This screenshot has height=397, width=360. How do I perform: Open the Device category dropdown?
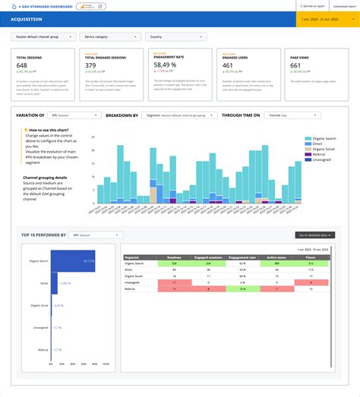click(112, 36)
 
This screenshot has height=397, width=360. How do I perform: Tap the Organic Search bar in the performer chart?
click(72, 260)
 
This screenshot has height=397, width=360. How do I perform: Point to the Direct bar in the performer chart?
click(53, 282)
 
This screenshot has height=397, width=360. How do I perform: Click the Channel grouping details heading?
click(49, 176)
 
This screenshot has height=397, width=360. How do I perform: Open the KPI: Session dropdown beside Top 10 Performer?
click(95, 235)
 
